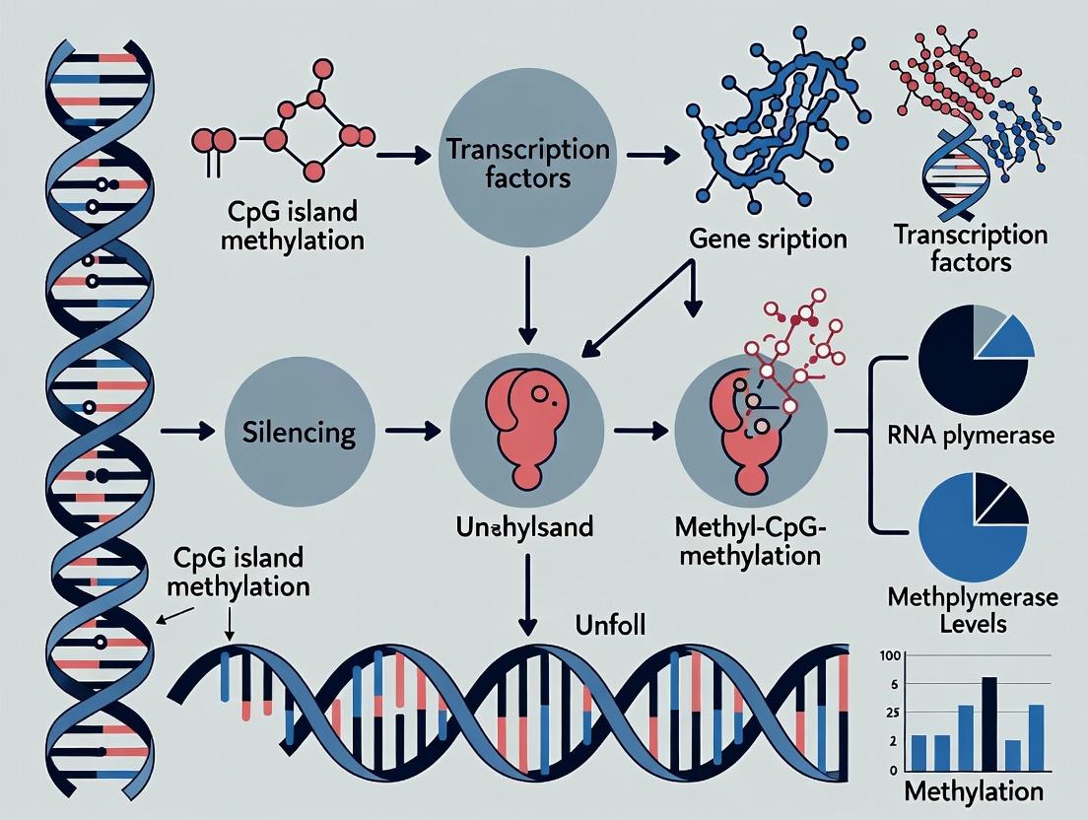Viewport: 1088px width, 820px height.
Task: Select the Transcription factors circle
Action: [x=527, y=164]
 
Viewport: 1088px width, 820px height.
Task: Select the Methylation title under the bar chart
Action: [x=973, y=790]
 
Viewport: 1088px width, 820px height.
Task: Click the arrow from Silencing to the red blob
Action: [x=408, y=432]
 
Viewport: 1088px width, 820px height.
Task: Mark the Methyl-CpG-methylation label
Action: [x=748, y=540]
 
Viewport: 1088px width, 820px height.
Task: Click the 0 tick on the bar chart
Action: [x=893, y=770]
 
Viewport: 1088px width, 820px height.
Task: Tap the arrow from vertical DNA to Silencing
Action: [x=187, y=432]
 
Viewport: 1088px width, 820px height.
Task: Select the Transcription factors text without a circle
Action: [x=970, y=248]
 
